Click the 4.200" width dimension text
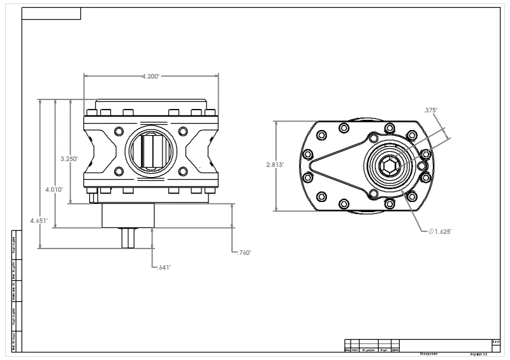(150, 76)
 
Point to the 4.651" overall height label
(39, 220)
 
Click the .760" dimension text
(243, 253)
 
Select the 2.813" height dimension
(274, 164)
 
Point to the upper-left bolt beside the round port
(118, 131)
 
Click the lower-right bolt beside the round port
(183, 171)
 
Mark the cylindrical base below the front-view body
(128, 215)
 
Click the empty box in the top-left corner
(51, 14)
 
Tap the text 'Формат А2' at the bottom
(477, 353)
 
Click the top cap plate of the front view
(150, 104)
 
